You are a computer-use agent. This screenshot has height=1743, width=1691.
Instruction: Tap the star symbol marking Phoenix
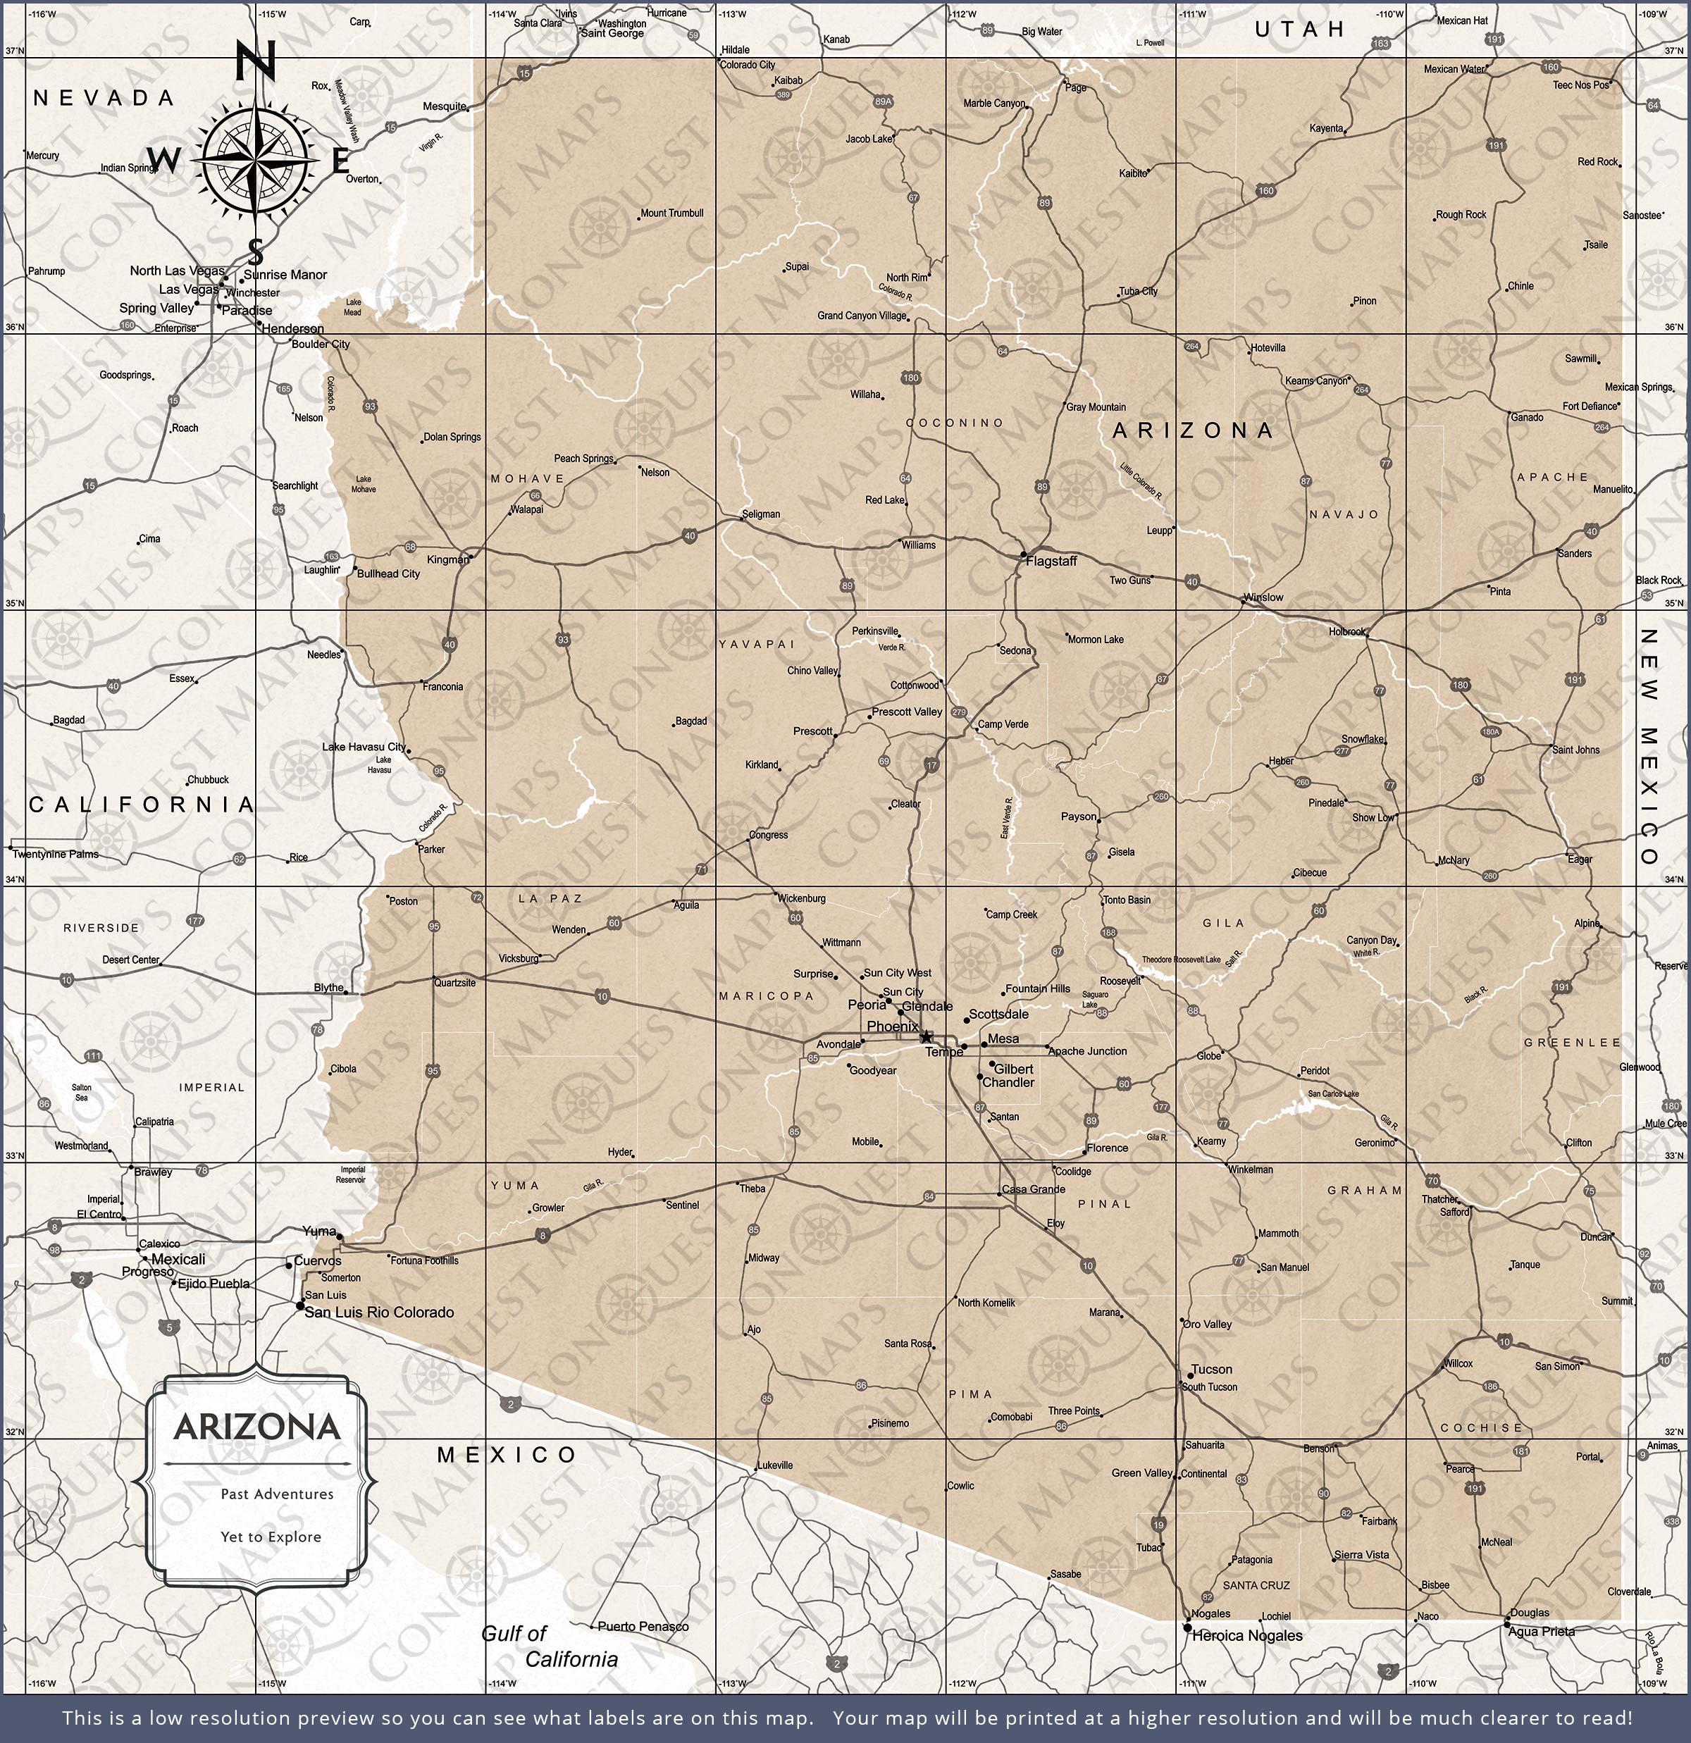(926, 1037)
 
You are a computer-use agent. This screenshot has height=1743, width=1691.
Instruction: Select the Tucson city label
(1212, 1370)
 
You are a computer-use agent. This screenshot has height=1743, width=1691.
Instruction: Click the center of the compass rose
(255, 161)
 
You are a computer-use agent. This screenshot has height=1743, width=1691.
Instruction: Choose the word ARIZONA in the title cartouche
(257, 1428)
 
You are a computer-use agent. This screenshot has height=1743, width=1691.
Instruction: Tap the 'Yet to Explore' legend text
(271, 1537)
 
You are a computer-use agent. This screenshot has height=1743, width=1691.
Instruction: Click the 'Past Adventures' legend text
(277, 1494)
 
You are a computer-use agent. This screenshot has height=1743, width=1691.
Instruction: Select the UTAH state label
(1301, 30)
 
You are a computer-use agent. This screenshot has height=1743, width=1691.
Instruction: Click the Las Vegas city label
(187, 289)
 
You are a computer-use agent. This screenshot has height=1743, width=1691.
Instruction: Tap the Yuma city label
(318, 1231)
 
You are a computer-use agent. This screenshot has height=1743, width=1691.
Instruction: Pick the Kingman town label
(447, 559)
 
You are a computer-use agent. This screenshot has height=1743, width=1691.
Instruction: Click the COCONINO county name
(955, 423)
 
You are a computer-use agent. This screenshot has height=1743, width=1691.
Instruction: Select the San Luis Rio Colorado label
(379, 1312)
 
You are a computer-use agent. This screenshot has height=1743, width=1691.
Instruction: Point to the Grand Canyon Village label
(861, 316)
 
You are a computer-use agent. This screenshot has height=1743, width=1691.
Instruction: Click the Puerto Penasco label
(643, 1627)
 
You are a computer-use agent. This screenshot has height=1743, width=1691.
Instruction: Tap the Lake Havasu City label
(363, 747)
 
